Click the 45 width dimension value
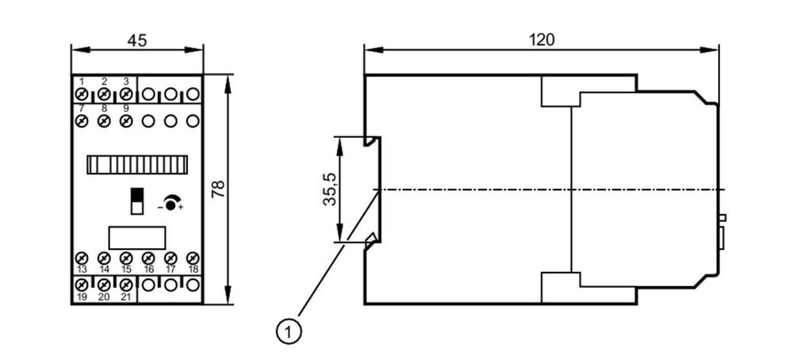coord(137,40)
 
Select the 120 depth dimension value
coord(542,40)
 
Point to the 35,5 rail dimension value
coord(330,189)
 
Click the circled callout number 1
coord(289,332)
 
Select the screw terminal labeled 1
coord(82,94)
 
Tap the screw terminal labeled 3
coord(126,94)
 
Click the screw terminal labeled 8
coord(104,121)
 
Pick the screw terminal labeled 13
coord(82,258)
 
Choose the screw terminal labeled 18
coord(193,258)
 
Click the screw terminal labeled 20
coord(104,285)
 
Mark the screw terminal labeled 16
coord(148,258)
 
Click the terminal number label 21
coord(126,297)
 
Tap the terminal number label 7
coord(82,108)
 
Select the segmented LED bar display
coord(137,165)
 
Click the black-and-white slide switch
coord(136,201)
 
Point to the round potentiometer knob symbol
coord(171,205)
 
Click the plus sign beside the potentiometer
coord(181,207)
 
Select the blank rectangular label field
coord(137,238)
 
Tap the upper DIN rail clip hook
coord(372,141)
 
